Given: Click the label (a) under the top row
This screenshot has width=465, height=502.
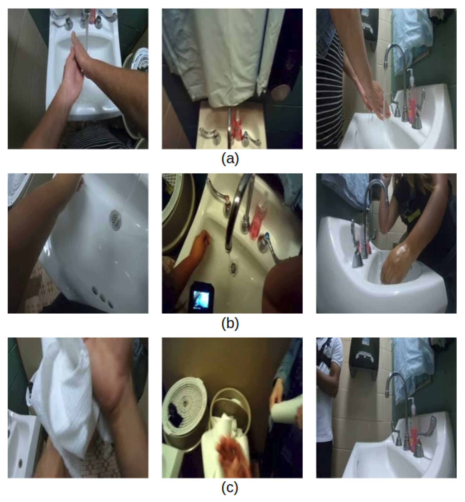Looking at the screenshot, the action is [230, 159].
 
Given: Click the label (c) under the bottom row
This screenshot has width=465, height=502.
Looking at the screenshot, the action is [230, 488].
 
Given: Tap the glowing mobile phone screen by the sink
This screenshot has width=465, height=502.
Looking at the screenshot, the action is [202, 300].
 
